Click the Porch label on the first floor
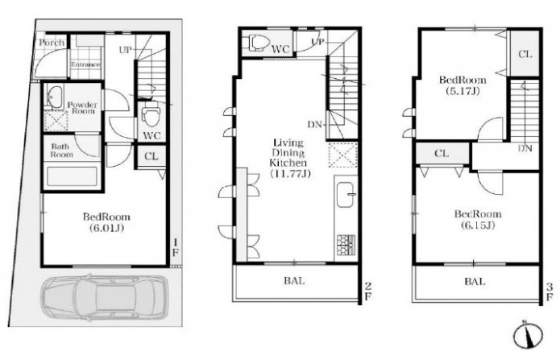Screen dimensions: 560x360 click(x=52, y=43)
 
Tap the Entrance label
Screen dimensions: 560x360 click(x=85, y=64)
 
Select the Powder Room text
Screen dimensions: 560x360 click(x=82, y=108)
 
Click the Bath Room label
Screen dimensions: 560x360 click(x=62, y=151)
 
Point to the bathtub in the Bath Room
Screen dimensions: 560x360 click(x=73, y=177)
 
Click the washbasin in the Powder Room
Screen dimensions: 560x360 click(x=55, y=97)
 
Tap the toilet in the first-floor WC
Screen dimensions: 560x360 click(x=151, y=115)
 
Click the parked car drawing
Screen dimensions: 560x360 click(x=104, y=297)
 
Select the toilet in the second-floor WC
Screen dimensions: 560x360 click(x=257, y=43)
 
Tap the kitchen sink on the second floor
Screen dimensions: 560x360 click(x=345, y=194)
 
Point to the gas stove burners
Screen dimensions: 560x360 click(x=346, y=245)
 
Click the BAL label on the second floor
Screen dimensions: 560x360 click(x=294, y=281)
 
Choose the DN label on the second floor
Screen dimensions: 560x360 click(x=315, y=125)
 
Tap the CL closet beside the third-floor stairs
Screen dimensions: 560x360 click(x=525, y=54)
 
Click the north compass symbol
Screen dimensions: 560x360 click(x=529, y=335)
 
